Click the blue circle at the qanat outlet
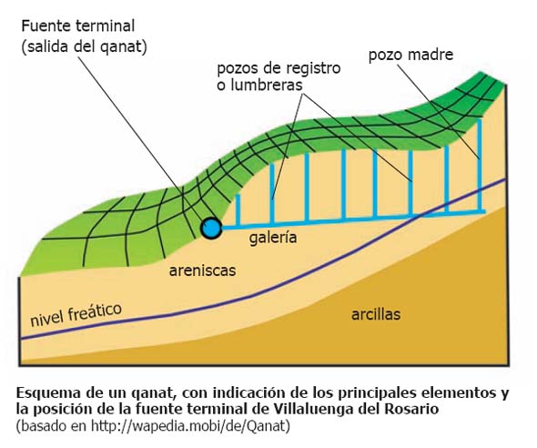click(x=211, y=229)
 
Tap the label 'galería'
click(x=273, y=238)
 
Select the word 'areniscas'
click(x=202, y=270)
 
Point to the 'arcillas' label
click(x=376, y=314)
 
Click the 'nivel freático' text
click(x=76, y=315)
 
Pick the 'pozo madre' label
click(x=410, y=55)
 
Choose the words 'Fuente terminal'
click(x=77, y=26)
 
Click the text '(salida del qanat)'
click(x=85, y=46)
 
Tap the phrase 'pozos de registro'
click(x=279, y=68)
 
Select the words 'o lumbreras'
click(x=260, y=85)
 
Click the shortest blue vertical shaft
click(x=238, y=210)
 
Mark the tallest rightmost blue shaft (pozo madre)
click(x=479, y=165)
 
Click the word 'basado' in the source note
click(x=44, y=426)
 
